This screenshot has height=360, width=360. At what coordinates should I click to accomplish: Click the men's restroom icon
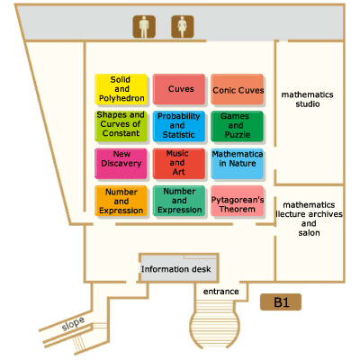coord(144,27)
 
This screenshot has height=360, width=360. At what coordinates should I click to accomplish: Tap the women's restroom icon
coord(183,27)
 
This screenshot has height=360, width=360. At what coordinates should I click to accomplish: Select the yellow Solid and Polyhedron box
coord(121,89)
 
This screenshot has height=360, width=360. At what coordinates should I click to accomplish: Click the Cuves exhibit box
coord(179,89)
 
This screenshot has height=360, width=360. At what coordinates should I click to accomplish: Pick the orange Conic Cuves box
coord(238,89)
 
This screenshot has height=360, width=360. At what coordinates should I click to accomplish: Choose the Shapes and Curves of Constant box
coord(121,126)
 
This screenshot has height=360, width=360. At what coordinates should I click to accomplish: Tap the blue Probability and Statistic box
coord(179,126)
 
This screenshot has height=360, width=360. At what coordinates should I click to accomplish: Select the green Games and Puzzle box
coord(238,126)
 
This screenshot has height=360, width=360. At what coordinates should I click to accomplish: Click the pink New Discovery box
coord(121,164)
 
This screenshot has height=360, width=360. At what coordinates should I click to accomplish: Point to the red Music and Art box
coord(179,164)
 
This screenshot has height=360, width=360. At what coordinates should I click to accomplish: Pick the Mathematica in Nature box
coord(238,164)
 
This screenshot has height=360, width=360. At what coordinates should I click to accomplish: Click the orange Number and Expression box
coord(121,201)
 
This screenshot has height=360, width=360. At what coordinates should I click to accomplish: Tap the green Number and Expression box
coord(179,201)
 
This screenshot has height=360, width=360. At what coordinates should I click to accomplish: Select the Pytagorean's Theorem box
coord(238,201)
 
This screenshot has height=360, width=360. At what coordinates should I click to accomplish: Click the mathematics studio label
coord(308,99)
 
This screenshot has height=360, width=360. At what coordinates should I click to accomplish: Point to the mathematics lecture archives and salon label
coord(309,219)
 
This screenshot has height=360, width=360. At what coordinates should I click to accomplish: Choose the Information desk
coord(179,268)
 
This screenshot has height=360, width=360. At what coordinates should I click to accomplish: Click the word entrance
coord(221,292)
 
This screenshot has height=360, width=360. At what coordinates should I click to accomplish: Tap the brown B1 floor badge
coord(281,302)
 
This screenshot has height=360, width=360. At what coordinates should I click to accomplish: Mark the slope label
coord(73,323)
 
